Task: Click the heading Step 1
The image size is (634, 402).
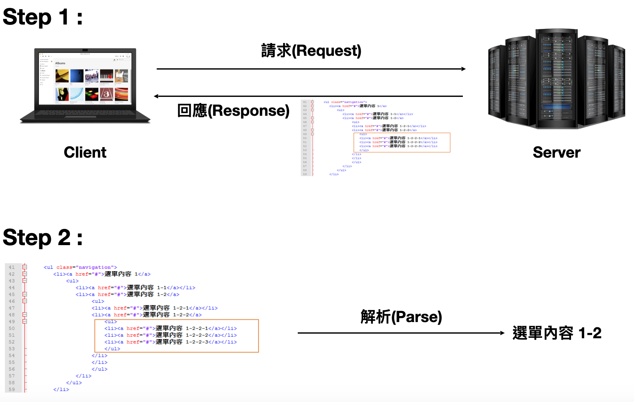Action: [42, 17]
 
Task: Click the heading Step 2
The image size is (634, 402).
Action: [42, 238]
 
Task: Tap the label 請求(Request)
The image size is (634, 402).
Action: [311, 51]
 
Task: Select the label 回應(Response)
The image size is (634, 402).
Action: [233, 110]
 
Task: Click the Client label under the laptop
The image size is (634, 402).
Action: [85, 152]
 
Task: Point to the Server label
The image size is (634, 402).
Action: [556, 152]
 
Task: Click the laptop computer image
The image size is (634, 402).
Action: [85, 85]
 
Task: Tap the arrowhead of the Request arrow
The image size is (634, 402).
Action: [463, 69]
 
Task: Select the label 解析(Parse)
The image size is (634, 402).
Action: [401, 317]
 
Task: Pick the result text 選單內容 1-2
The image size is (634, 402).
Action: [557, 333]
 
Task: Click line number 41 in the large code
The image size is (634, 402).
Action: [12, 267]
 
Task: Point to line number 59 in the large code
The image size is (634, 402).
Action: [12, 390]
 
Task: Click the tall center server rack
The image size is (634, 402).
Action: [556, 79]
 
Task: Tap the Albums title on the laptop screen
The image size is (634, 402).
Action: [60, 63]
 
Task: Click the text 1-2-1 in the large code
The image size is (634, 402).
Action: [181, 308]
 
